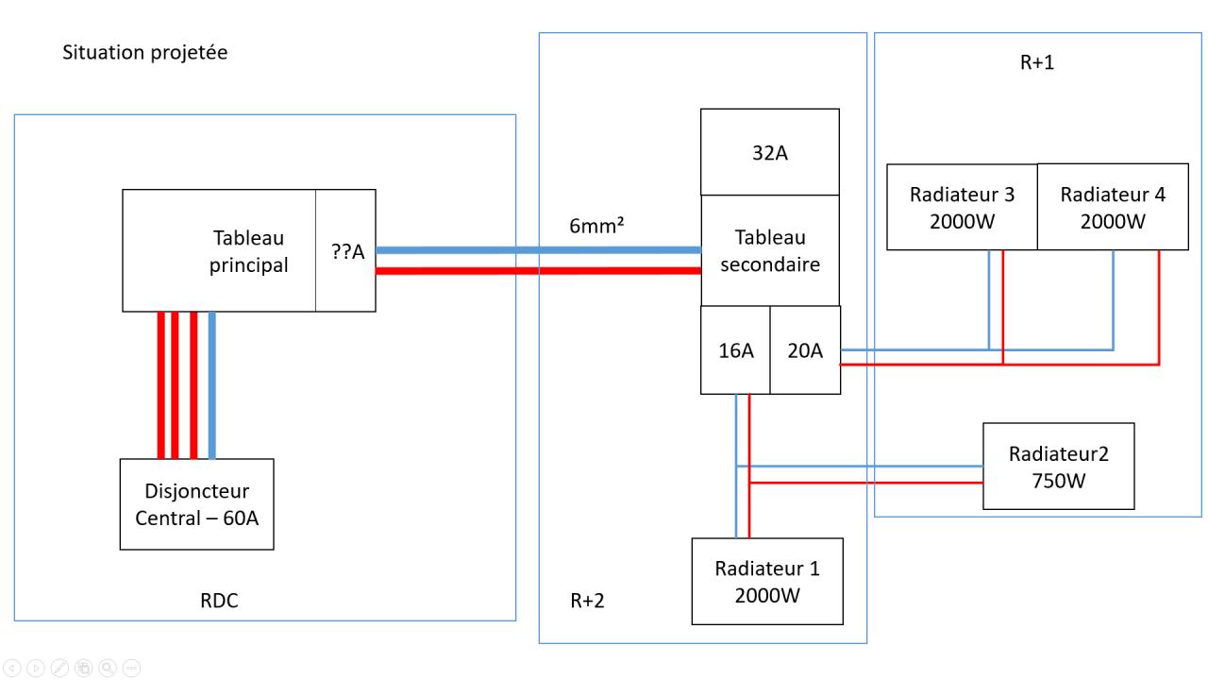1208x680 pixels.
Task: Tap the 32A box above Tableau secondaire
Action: coord(769,152)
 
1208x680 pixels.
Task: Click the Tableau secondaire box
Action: coord(769,250)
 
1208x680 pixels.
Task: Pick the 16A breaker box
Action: coord(735,350)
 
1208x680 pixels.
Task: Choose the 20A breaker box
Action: coord(805,350)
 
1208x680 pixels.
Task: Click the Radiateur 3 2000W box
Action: coord(962,207)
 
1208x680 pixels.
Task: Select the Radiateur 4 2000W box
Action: coord(1113,207)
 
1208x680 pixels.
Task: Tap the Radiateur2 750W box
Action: coord(1058,466)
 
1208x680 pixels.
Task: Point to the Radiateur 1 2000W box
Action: coord(766,581)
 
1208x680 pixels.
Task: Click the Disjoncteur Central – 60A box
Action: coord(196,503)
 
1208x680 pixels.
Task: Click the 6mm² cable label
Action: coord(599,228)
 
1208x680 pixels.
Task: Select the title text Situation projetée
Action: coord(144,53)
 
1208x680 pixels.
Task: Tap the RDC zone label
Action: coord(219,601)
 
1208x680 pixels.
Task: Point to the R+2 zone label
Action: coord(586,603)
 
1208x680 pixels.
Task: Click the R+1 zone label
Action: coord(1035,64)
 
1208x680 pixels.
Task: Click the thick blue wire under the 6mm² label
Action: coord(538,250)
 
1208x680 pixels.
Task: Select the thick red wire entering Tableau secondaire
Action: coord(538,271)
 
